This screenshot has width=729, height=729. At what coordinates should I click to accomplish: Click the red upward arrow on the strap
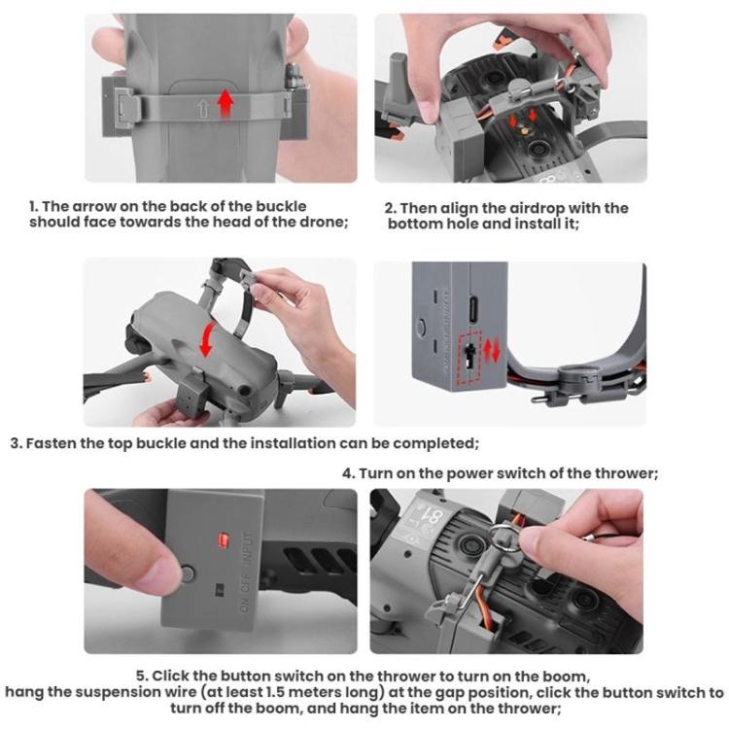(x=226, y=101)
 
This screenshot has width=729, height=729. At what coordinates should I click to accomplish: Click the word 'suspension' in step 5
(x=120, y=693)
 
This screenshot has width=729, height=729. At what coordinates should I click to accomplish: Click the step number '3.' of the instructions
(x=17, y=443)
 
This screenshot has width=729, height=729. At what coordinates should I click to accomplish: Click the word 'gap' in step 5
(x=430, y=693)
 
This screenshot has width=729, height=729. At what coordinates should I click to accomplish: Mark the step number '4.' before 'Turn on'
(x=348, y=473)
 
